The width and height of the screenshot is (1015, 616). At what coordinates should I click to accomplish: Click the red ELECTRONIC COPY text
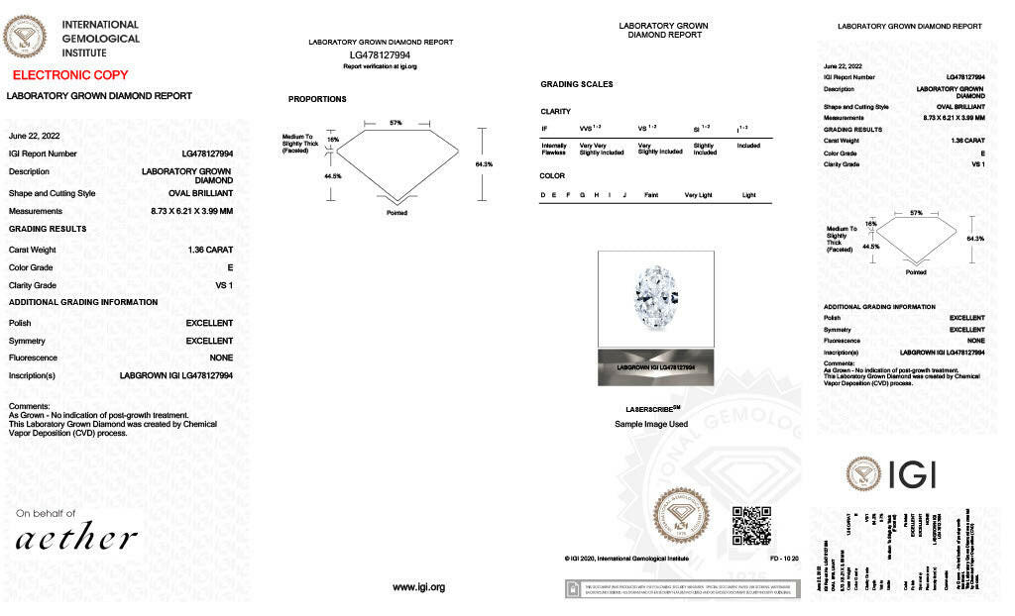[x=70, y=75]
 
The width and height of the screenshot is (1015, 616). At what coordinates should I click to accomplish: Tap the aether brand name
[x=76, y=538]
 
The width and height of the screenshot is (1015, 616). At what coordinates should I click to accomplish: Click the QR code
[x=750, y=525]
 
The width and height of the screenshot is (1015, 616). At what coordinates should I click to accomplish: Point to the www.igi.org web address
[x=419, y=587]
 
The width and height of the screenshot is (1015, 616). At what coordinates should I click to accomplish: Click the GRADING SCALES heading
[x=577, y=84]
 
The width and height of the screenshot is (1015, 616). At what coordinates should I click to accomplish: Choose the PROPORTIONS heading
[x=317, y=99]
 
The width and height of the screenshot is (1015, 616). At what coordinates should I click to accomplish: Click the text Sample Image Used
[x=651, y=424]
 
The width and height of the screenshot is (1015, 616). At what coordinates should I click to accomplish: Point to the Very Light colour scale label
[x=698, y=195]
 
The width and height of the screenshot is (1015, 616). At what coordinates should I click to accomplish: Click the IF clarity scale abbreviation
[x=544, y=129]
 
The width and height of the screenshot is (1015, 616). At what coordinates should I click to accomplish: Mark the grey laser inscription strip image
[x=655, y=366]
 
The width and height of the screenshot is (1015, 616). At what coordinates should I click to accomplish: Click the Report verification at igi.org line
[x=381, y=66]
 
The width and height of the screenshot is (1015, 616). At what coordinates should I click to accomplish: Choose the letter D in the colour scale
[x=543, y=195]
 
